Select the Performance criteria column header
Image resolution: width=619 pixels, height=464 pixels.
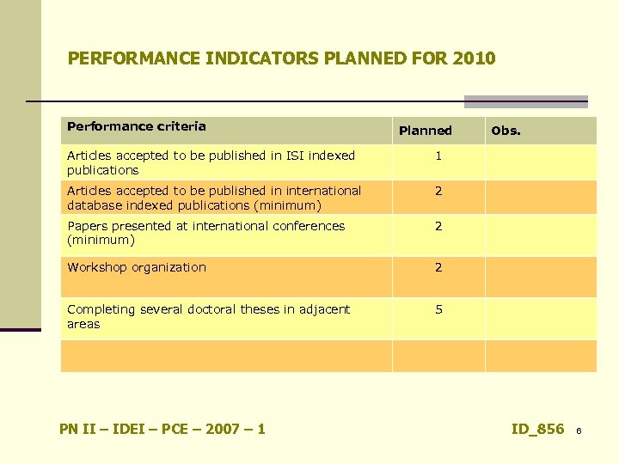137,126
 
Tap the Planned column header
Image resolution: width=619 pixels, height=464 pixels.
425,131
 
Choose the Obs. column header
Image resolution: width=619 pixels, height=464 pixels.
505,131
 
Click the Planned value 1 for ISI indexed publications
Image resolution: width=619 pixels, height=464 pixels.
438,156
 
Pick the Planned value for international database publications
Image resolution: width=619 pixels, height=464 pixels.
438,192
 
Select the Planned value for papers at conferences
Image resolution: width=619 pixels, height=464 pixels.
438,227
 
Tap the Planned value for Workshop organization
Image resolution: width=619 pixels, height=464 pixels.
438,268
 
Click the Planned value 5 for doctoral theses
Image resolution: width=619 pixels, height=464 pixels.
438,309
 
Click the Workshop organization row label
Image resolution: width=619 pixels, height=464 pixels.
137,267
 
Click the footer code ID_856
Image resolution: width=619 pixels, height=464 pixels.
537,429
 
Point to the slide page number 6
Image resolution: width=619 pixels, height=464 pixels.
579,430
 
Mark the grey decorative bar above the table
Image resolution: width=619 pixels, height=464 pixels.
525,101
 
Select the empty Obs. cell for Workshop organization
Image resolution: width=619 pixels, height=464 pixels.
540,277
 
